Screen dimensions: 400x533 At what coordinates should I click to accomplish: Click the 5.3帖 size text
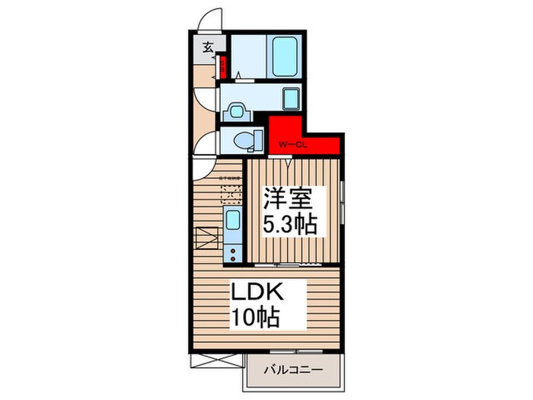[x=290, y=225]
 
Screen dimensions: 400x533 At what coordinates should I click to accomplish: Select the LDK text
[x=259, y=293]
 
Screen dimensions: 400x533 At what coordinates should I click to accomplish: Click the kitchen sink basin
[x=233, y=222]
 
